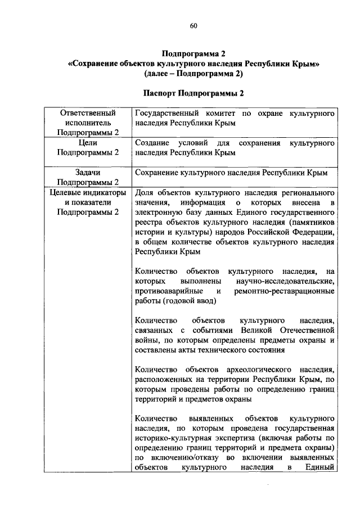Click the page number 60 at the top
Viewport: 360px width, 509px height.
point(193,25)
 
